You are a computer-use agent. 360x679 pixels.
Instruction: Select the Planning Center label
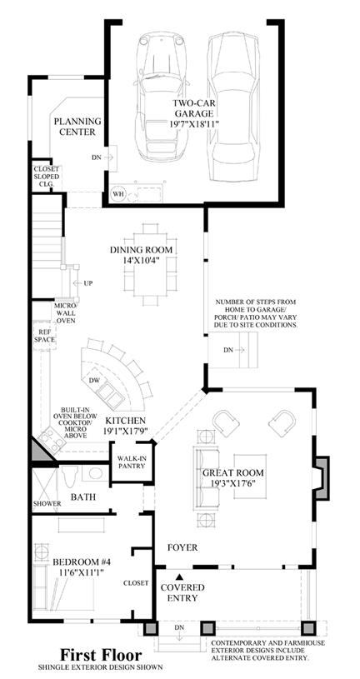[77, 126]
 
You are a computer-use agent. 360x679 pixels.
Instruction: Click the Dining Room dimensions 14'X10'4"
[141, 261]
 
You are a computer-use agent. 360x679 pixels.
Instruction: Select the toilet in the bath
[70, 476]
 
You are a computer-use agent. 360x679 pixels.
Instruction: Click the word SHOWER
[47, 504]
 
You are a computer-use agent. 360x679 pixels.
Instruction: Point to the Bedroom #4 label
[82, 562]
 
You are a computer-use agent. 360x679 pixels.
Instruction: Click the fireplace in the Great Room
[322, 478]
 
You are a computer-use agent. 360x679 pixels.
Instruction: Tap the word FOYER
[182, 548]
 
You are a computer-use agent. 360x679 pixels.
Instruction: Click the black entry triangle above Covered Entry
[179, 576]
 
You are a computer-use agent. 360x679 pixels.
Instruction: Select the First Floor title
[101, 654]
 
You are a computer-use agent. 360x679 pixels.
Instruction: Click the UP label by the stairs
[88, 283]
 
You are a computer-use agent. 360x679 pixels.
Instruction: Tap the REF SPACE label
[45, 336]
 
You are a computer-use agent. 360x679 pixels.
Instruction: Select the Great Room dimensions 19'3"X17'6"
[233, 483]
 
